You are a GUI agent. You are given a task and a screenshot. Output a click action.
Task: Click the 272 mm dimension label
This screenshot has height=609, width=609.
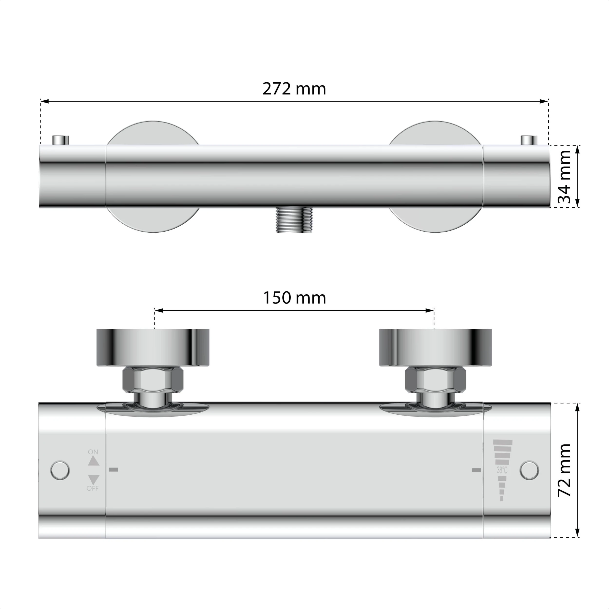pos(294,89)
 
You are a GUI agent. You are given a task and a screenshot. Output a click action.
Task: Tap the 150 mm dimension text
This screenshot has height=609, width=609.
pos(295,298)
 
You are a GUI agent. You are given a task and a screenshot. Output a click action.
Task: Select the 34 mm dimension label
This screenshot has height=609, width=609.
pos(564,177)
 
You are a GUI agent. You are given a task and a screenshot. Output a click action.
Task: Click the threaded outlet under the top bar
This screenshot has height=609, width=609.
pos(294,220)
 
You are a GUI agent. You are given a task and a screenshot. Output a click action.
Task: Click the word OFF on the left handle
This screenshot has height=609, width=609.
pos(93,489)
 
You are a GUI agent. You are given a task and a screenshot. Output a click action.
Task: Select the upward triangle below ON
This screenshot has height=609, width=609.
pos(94,461)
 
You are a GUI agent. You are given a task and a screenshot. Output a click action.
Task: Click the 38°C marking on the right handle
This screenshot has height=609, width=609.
pos(502,471)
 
